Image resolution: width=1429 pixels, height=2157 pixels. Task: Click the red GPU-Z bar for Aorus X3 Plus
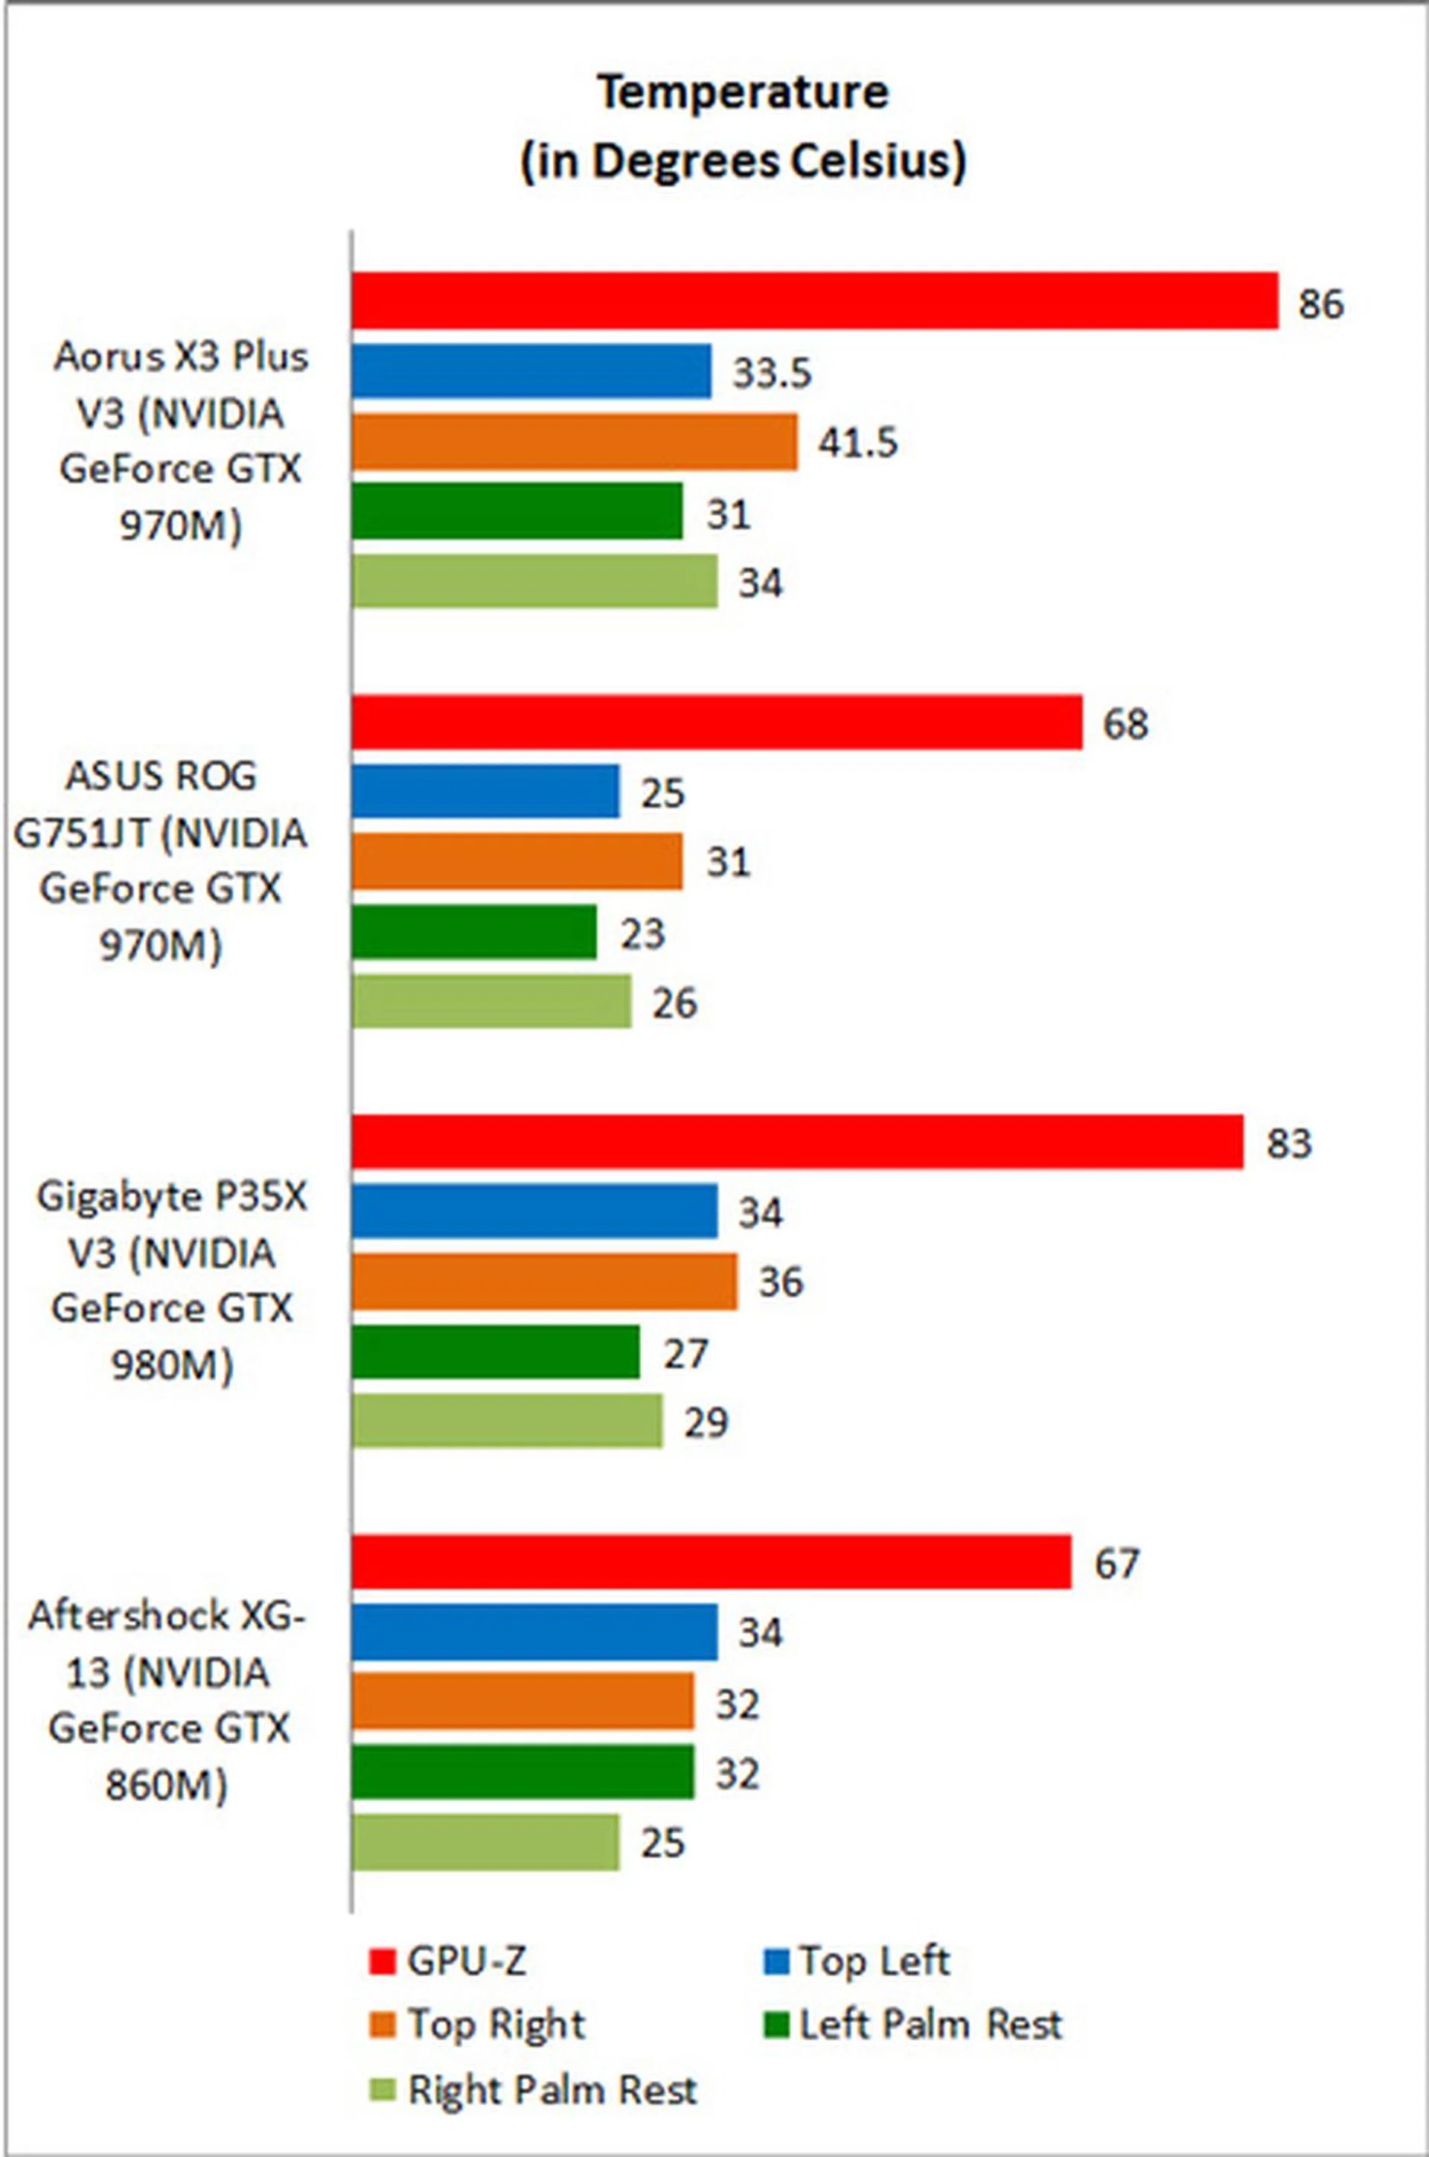(x=815, y=300)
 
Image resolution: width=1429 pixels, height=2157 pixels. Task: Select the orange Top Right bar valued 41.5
(x=574, y=442)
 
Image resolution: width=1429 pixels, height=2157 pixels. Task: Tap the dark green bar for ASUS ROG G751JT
(x=474, y=932)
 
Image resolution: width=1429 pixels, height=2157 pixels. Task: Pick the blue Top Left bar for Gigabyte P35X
(x=534, y=1211)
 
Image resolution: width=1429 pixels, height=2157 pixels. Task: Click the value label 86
(x=1320, y=304)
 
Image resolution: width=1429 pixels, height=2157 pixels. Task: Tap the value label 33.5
(x=771, y=374)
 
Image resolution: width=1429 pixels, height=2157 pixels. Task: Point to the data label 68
(x=1125, y=724)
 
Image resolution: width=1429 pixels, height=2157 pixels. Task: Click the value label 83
(x=1288, y=1144)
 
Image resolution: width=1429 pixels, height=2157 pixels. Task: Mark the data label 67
(x=1116, y=1564)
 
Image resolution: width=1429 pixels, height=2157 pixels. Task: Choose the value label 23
(x=642, y=935)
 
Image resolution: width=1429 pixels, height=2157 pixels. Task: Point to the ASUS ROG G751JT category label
(x=161, y=860)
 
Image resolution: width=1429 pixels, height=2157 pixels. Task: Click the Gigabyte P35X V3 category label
(x=172, y=1280)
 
